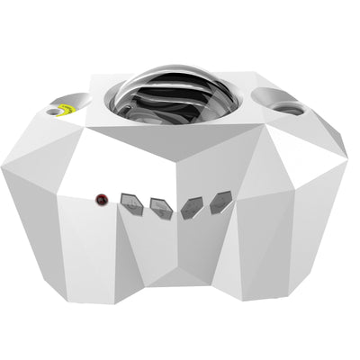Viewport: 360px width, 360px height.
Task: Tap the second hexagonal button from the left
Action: [162, 208]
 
